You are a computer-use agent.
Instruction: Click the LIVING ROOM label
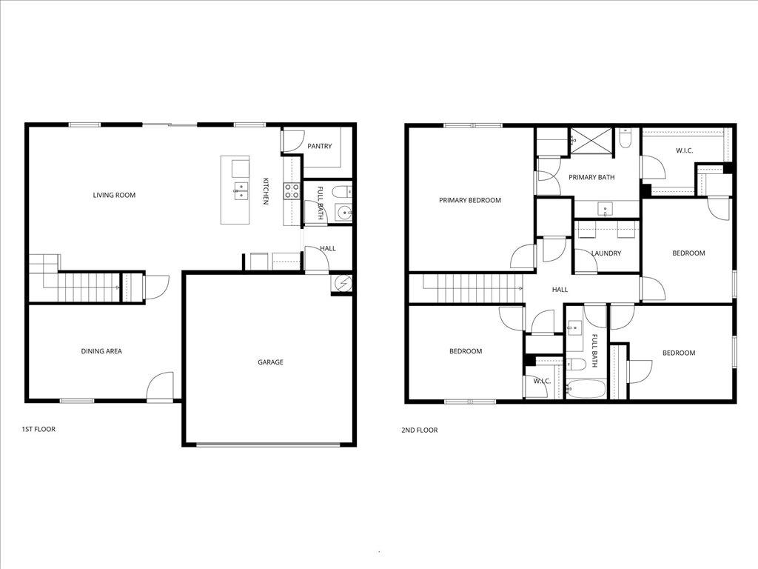point(114,196)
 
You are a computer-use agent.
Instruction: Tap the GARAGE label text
point(270,362)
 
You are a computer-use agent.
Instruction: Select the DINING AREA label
point(101,351)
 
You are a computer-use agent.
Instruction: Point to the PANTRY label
point(319,147)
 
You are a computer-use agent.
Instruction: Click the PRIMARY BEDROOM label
point(469,200)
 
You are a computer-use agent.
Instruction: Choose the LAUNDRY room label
point(606,253)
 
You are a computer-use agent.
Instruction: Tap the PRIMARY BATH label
point(591,177)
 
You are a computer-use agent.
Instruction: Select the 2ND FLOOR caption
point(420,430)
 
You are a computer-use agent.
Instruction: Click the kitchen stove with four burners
point(292,191)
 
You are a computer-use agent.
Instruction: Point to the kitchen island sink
point(241,190)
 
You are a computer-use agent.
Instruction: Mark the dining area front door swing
point(160,387)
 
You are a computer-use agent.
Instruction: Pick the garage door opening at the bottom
point(269,445)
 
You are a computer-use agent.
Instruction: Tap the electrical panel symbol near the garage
point(343,282)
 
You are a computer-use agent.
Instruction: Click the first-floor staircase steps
point(88,287)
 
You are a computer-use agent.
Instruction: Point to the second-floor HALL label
point(560,290)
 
